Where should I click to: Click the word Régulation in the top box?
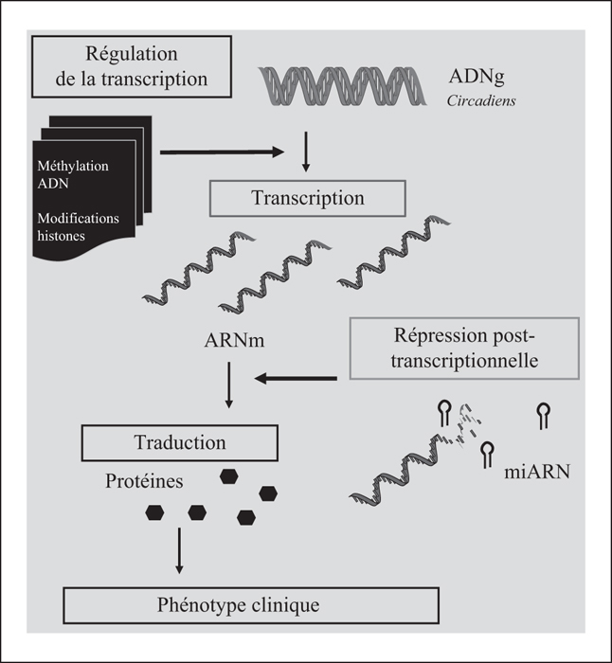(132, 54)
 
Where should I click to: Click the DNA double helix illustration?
(342, 86)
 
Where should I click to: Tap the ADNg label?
(477, 77)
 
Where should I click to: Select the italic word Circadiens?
(481, 100)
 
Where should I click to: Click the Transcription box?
(308, 198)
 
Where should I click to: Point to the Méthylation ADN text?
(73, 174)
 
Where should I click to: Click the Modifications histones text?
(79, 226)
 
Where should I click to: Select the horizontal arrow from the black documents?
(222, 152)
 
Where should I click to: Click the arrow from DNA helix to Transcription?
(306, 152)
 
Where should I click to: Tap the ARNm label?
(234, 340)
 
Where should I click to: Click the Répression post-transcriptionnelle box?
(464, 348)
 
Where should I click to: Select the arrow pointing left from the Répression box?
(296, 378)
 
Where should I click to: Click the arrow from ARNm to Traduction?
(229, 385)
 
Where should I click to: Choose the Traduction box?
(180, 442)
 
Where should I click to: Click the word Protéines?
(144, 481)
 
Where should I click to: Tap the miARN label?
(537, 472)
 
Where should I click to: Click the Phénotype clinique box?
(251, 605)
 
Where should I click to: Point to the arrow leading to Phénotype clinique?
(179, 550)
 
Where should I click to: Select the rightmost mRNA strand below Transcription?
(394, 252)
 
